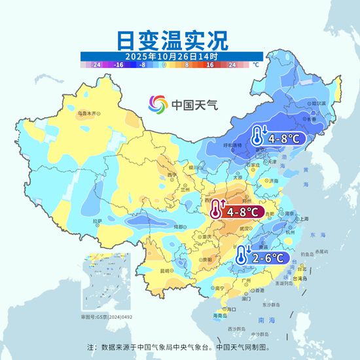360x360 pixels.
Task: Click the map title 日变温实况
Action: [x=172, y=41]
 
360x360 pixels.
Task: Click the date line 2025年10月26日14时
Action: [x=171, y=57]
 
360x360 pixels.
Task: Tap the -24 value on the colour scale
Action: [x=96, y=65]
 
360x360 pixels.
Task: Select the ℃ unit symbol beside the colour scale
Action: [x=256, y=65]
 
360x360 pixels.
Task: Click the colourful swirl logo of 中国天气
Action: [x=158, y=103]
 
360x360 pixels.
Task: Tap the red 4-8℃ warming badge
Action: [x=236, y=211]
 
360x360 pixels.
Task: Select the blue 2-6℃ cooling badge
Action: [x=262, y=257]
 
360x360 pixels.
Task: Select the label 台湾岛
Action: [x=302, y=278]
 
